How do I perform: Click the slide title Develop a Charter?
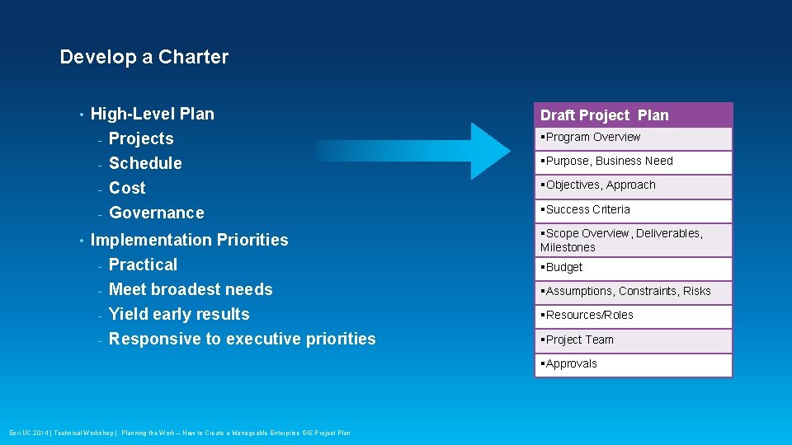pos(144,57)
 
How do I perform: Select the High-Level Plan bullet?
pos(152,114)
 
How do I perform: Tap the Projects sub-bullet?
pos(141,138)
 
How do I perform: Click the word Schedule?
pos(145,163)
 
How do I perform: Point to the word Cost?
pos(127,188)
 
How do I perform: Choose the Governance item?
pos(156,213)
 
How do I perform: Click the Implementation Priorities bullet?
pos(189,240)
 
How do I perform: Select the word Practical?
pos(143,265)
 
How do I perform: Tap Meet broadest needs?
pos(191,289)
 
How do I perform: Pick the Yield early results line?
pos(179,314)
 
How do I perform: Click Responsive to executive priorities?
pos(242,339)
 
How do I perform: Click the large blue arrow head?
pos(488,151)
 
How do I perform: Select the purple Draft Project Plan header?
pos(633,115)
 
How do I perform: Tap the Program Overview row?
pos(633,138)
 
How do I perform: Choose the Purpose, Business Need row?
pos(633,162)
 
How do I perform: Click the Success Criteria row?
pos(633,210)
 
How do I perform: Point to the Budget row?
pos(633,268)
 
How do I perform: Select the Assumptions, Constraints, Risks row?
pos(633,292)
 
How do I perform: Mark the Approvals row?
pos(633,364)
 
